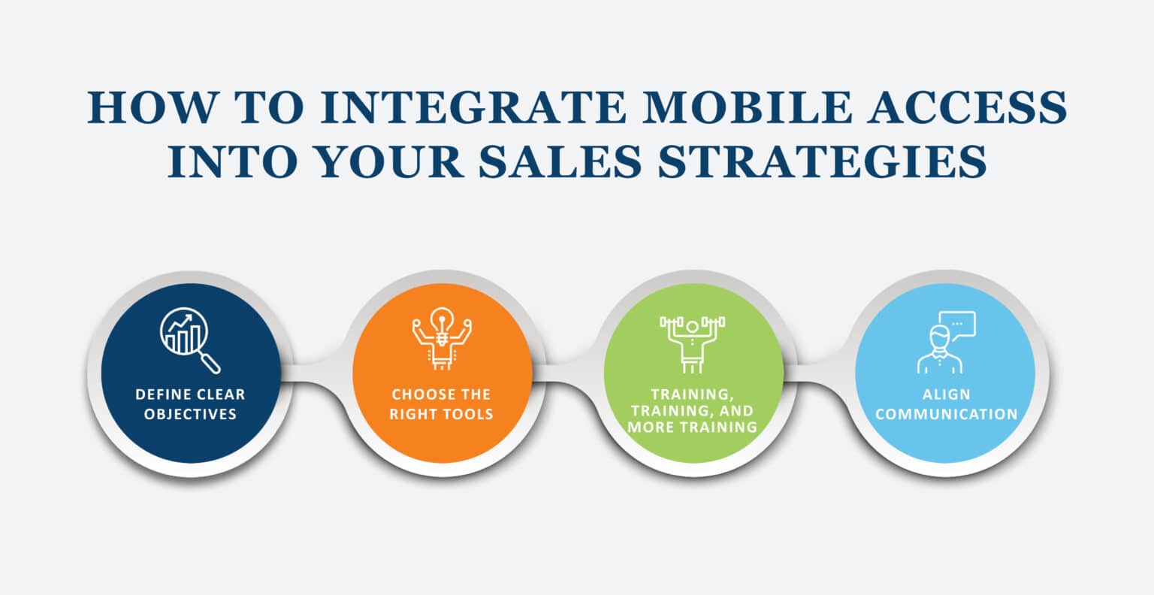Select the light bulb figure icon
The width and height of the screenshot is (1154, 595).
pyautogui.click(x=442, y=342)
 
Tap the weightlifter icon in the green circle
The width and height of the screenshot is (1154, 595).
pyautogui.click(x=693, y=342)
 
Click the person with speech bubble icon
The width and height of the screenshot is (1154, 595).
pyautogui.click(x=946, y=342)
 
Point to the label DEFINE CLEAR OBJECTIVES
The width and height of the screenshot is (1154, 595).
pyautogui.click(x=190, y=404)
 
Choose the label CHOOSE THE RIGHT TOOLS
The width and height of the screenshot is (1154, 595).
pyautogui.click(x=442, y=404)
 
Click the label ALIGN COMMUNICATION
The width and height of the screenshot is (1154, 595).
pyautogui.click(x=946, y=404)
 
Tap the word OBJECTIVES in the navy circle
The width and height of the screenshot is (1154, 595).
pyautogui.click(x=190, y=414)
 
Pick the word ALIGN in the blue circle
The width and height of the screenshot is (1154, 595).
pyautogui.click(x=946, y=394)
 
